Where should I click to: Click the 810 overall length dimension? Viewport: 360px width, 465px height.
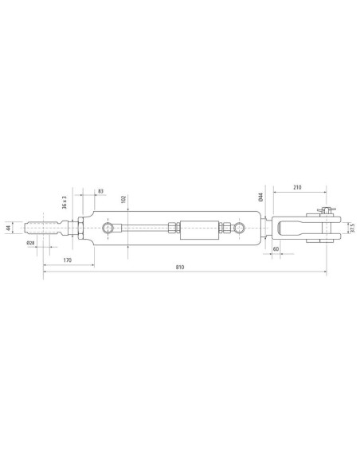180,267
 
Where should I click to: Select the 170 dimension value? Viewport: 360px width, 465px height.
68,260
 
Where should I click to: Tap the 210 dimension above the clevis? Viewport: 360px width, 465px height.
297,187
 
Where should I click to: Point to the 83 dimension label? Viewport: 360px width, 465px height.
101,191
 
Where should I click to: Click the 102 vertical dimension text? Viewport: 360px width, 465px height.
124,199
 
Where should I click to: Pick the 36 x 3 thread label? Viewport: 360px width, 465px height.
65,202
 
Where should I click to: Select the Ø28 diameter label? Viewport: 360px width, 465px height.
30,243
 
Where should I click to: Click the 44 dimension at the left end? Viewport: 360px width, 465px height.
8,228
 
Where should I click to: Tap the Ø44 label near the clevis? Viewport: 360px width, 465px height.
261,197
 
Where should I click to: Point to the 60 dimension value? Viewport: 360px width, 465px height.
276,248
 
